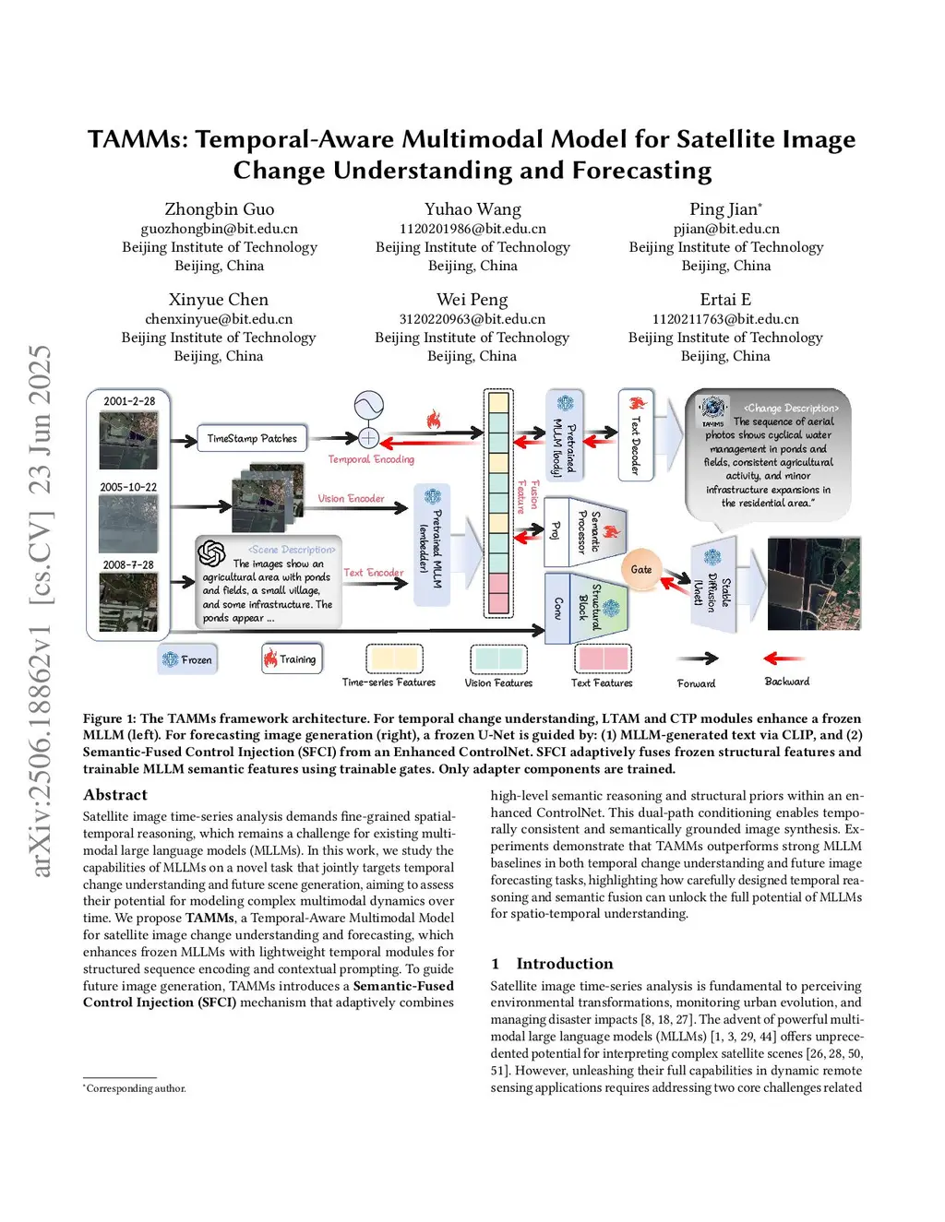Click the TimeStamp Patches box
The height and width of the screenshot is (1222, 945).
252,438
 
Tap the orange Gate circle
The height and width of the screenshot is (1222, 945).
640,569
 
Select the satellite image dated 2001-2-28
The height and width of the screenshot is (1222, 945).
128,440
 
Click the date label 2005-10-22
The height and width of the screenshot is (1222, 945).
128,487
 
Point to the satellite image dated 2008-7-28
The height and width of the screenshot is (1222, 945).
128,601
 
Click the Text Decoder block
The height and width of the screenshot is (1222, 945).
635,435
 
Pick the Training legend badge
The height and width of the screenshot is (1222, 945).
292,658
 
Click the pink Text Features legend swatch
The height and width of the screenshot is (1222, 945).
603,658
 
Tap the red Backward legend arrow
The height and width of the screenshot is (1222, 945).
784,658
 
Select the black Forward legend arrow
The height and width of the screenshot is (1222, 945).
697,658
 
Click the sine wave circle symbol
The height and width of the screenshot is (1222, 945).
368,405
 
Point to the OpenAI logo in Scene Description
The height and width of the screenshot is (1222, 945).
211,553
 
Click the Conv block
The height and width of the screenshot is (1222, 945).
557,607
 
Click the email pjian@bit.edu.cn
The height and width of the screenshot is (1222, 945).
725,229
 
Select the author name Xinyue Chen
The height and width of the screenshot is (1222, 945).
219,300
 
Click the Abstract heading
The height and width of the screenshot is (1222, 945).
115,795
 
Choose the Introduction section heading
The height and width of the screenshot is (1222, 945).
564,964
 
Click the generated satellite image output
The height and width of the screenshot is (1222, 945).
813,584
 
